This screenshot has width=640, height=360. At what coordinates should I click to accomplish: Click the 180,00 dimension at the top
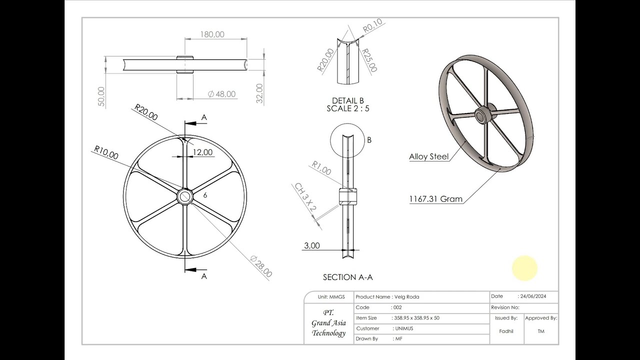click(x=212, y=34)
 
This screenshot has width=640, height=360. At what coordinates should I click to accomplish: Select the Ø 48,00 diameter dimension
click(x=221, y=94)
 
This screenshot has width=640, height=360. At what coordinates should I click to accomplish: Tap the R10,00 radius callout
click(x=106, y=152)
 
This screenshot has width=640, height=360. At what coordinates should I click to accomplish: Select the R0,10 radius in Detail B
click(x=372, y=25)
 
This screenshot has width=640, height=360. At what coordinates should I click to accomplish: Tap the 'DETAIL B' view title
click(x=348, y=100)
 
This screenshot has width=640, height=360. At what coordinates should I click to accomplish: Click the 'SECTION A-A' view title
click(x=347, y=277)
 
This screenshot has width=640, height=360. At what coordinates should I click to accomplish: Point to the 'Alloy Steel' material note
click(x=428, y=156)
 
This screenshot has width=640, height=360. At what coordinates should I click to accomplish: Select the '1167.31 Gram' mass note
click(x=435, y=199)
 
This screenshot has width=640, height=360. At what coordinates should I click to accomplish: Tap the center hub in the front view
click(x=185, y=195)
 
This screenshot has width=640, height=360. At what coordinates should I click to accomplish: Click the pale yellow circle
click(x=524, y=268)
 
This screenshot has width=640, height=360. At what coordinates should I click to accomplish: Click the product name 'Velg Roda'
click(x=405, y=297)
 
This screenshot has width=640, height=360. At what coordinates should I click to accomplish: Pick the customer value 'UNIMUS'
click(x=404, y=328)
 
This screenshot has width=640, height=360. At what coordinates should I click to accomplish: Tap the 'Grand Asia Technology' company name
click(x=328, y=323)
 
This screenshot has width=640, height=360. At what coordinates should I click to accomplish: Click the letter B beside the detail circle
click(x=369, y=140)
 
